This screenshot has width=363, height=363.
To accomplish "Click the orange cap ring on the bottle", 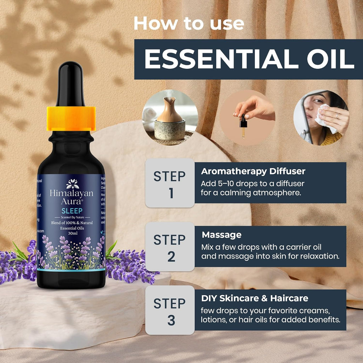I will tap(71, 118).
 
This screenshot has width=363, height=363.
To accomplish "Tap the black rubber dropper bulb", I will tap(71, 83).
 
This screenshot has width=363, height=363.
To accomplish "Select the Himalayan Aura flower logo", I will tap(72, 184).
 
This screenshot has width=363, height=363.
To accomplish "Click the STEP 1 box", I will tap(169, 183).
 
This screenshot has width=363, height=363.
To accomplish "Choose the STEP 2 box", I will tap(169, 247).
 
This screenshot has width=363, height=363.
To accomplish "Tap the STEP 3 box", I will tap(169, 311).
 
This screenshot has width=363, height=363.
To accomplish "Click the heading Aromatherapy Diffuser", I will tap(253, 171).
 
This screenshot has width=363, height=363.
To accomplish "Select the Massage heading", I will tap(222, 235).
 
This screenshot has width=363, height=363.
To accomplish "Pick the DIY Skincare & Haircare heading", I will tap(254, 298).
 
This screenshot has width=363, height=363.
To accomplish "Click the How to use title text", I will tap(189, 23).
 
